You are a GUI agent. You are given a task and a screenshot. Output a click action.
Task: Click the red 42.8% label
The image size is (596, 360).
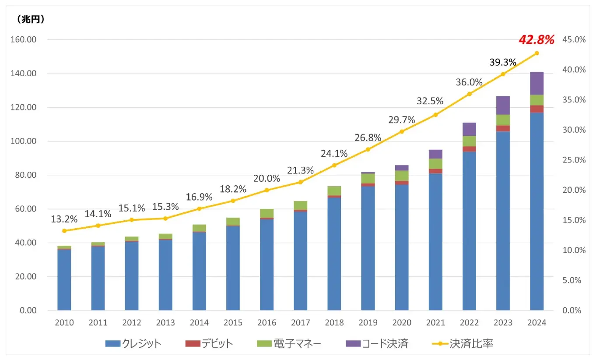coord(536,40)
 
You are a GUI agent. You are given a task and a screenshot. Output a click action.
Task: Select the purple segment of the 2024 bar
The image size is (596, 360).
coord(536,83)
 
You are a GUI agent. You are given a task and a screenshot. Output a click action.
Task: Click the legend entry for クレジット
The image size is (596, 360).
coord(133,343)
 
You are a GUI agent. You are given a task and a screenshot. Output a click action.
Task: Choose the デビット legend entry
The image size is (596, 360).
coord(209,343)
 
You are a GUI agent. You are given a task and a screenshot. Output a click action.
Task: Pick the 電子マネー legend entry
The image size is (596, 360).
coord(289,343)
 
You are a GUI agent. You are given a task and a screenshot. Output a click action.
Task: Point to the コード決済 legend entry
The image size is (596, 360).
coord(377,343)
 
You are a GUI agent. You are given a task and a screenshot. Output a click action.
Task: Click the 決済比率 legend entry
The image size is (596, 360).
coord(465,343)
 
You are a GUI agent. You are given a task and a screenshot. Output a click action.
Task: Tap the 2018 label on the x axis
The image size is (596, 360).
coord(334,323)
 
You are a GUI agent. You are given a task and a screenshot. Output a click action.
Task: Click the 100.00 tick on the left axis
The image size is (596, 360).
coord(24,141)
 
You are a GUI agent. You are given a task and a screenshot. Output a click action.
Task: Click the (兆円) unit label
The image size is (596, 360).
coord(31,19)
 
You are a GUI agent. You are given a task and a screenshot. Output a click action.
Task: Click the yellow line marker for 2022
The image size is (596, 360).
coord(469,94)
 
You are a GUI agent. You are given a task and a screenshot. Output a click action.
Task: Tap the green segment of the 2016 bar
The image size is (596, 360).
coord(267,213)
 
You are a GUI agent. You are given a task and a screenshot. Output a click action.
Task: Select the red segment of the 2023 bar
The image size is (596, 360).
coord(503,128)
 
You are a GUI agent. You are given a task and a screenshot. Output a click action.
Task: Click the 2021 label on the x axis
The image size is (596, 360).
coord(435,323)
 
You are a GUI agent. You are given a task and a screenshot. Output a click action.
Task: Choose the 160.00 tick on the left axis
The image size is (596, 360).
coord(24,40)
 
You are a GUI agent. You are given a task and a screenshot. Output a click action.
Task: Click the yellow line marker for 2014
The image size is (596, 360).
coord(199,208)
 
